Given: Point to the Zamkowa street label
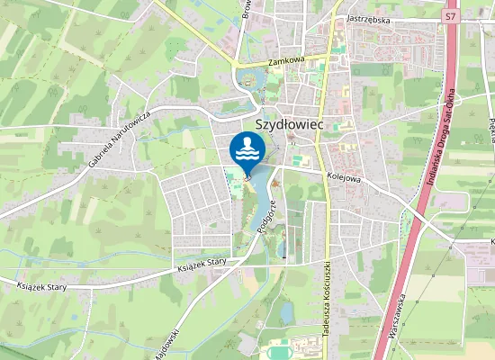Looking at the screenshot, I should coord(287,62).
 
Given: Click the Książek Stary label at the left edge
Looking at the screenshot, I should coord(42,287).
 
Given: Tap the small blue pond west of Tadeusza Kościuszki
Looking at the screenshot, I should coord(286,312).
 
